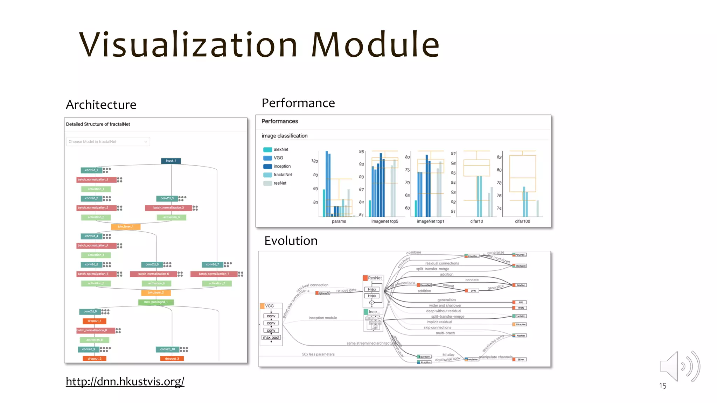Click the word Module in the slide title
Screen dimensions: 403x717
click(x=375, y=44)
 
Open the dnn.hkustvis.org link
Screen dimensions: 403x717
click(x=125, y=381)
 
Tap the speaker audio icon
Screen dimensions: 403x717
click(x=680, y=366)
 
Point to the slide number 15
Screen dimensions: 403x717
click(x=662, y=386)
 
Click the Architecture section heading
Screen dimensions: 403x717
click(x=101, y=105)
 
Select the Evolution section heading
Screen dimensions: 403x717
click(x=291, y=241)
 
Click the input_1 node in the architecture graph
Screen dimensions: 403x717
click(x=171, y=161)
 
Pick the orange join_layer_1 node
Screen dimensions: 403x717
click(x=126, y=227)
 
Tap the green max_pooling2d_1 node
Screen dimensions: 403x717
click(x=156, y=302)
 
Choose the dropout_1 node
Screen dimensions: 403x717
click(x=94, y=321)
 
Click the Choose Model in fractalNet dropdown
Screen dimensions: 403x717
click(x=108, y=142)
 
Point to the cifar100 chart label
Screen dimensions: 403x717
click(x=522, y=221)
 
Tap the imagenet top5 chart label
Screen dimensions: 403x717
click(x=384, y=221)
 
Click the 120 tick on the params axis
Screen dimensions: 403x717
click(x=314, y=161)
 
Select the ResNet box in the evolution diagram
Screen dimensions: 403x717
click(x=374, y=278)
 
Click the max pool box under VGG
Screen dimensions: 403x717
click(x=271, y=338)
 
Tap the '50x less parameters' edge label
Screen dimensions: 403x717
click(x=318, y=354)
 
